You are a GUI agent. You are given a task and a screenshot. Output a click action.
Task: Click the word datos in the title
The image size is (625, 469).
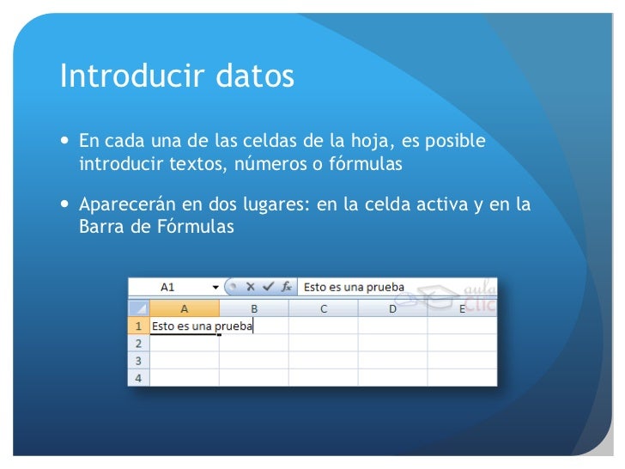[x=252, y=77]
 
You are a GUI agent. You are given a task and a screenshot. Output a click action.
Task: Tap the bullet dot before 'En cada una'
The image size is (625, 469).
[x=67, y=140]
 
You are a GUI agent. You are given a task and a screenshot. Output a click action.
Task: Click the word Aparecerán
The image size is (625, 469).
[x=129, y=206]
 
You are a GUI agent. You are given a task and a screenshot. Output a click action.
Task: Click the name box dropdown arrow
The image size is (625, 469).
[x=215, y=288]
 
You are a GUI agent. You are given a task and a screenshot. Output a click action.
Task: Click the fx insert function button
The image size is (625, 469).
[x=287, y=288]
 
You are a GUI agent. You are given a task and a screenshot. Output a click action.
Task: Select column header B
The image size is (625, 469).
[x=254, y=308]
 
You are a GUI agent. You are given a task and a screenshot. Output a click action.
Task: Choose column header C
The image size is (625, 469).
[x=323, y=308]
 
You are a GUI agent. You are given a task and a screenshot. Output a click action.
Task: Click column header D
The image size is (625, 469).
[x=392, y=308]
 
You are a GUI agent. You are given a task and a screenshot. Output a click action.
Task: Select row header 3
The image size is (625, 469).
[x=138, y=360]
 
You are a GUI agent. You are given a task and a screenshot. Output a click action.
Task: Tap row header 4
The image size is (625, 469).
[x=138, y=377]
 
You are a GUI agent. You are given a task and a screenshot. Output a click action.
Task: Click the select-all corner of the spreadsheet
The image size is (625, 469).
[x=138, y=308]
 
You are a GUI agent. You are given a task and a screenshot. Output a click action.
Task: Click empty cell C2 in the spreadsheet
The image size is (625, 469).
[x=323, y=343]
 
